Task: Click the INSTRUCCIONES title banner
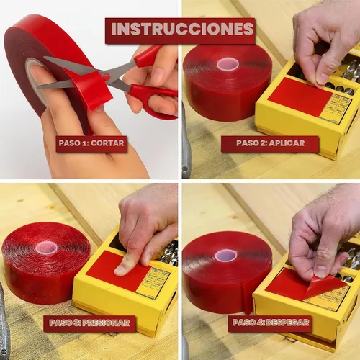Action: pyautogui.click(x=180, y=31)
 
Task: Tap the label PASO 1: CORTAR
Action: pyautogui.click(x=91, y=143)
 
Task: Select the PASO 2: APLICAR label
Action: pyautogui.click(x=270, y=143)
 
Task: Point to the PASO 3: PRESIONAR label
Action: pyautogui.click(x=89, y=323)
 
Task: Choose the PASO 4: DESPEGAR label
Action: pyautogui.click(x=270, y=323)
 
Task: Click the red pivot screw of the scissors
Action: pyautogui.click(x=107, y=77)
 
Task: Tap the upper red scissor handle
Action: pyautogui.click(x=148, y=56)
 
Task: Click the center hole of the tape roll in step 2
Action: pyautogui.click(x=228, y=64)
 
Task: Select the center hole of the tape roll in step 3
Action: pyautogui.click(x=46, y=248)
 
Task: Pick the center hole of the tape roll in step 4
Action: pyautogui.click(x=225, y=256)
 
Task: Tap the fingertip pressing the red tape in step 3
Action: pyautogui.click(x=121, y=270)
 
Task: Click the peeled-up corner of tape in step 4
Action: pyautogui.click(x=325, y=287)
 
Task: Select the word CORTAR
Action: pyautogui.click(x=107, y=143)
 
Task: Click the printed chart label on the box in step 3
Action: pyautogui.click(x=153, y=282)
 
